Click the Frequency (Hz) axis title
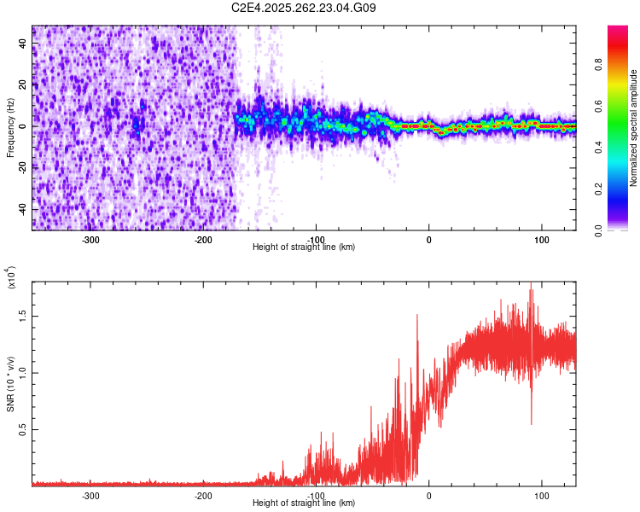click(10, 127)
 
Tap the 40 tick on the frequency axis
click(24, 43)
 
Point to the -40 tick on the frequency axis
click(22, 210)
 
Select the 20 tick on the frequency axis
click(24, 84)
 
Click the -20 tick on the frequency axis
click(22, 168)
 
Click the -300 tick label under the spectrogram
click(90, 240)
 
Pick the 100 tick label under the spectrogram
click(541, 240)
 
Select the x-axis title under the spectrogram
click(304, 247)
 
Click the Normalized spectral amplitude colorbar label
click(633, 128)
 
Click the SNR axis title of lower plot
click(10, 384)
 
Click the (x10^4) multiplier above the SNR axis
click(12, 278)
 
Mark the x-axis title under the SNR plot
click(304, 503)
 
